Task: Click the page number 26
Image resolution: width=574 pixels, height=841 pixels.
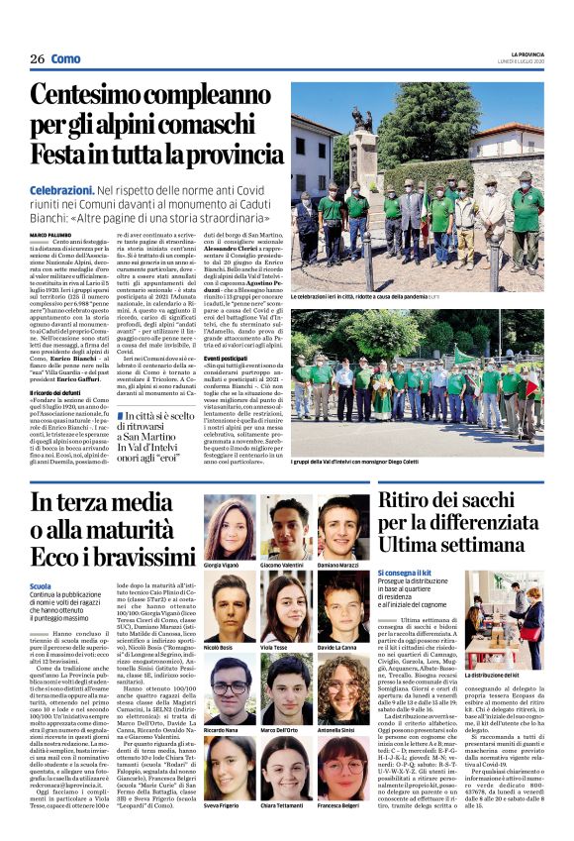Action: [37, 59]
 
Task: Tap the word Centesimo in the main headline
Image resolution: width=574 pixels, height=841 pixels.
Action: [95, 97]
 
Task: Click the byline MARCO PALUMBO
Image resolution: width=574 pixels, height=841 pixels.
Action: [50, 234]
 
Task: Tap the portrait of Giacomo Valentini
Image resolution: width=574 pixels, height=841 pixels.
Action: [286, 526]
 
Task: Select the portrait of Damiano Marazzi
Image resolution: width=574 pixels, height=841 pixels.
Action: [343, 526]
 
